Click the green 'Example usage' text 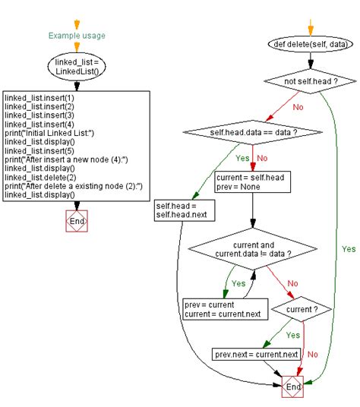click(x=77, y=35)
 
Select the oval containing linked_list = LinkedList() click(x=77, y=67)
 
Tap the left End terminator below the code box click(x=77, y=222)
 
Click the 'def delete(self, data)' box click(x=311, y=45)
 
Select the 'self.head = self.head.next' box click(x=183, y=210)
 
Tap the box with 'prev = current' click(x=214, y=308)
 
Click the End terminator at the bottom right click(x=292, y=386)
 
